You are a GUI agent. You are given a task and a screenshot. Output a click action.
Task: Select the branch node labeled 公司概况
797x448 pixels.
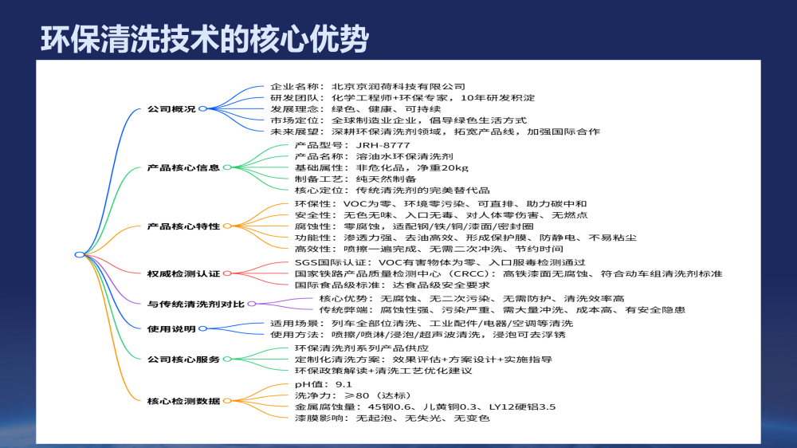coord(171,108)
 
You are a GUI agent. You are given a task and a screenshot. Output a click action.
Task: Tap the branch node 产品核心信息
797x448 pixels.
coord(183,168)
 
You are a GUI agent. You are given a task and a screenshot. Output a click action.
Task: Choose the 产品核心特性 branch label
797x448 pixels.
coord(183,226)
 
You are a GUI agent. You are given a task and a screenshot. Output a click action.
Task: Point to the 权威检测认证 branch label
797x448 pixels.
coord(183,273)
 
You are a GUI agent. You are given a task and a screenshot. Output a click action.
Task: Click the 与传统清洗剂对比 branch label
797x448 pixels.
coord(196,304)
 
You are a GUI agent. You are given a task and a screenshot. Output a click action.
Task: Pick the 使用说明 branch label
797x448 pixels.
coord(171,328)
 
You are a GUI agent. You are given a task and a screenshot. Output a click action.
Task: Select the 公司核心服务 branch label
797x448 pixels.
coord(183,360)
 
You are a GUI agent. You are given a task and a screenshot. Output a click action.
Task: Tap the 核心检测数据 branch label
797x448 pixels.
coord(183,400)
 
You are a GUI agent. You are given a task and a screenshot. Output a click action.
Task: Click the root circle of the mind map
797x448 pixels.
coord(79,255)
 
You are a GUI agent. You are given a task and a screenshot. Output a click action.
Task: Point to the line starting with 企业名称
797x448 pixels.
coord(367,86)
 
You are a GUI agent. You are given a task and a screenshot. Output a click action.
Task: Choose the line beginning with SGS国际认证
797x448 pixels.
coord(440,262)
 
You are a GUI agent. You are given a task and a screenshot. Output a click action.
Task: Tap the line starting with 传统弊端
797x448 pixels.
coord(501,309)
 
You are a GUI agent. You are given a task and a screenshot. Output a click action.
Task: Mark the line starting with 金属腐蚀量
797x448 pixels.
coord(425,407)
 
